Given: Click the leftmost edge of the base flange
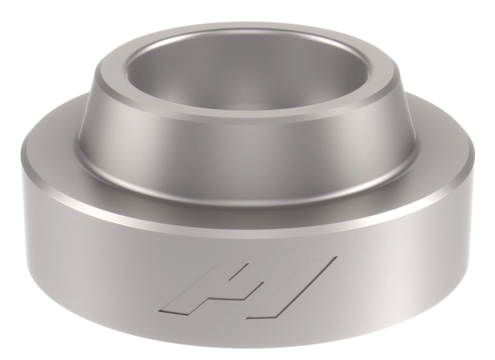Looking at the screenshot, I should pyautogui.click(x=22, y=194).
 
